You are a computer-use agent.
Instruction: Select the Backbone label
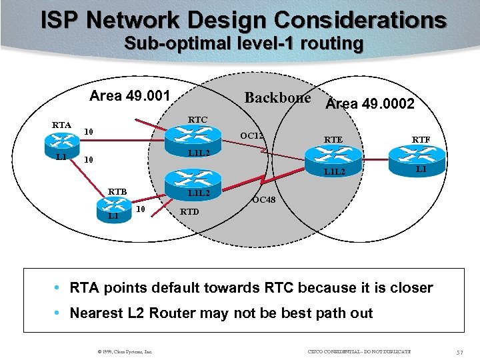coord(277,97)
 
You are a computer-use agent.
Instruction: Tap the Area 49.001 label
coord(130,95)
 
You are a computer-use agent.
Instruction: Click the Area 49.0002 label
coord(370,104)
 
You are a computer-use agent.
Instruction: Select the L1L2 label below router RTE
coord(335,173)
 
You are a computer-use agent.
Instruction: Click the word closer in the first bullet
coord(410,288)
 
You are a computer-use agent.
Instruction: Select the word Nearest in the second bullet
coord(100,313)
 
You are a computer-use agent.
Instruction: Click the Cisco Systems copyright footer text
coord(125,351)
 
